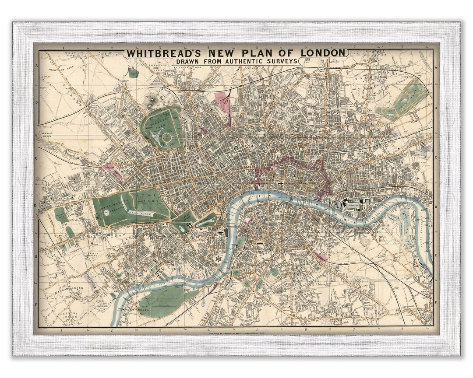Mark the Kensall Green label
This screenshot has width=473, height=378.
[46, 133]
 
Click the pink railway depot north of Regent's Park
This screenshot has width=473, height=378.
[223, 101]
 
